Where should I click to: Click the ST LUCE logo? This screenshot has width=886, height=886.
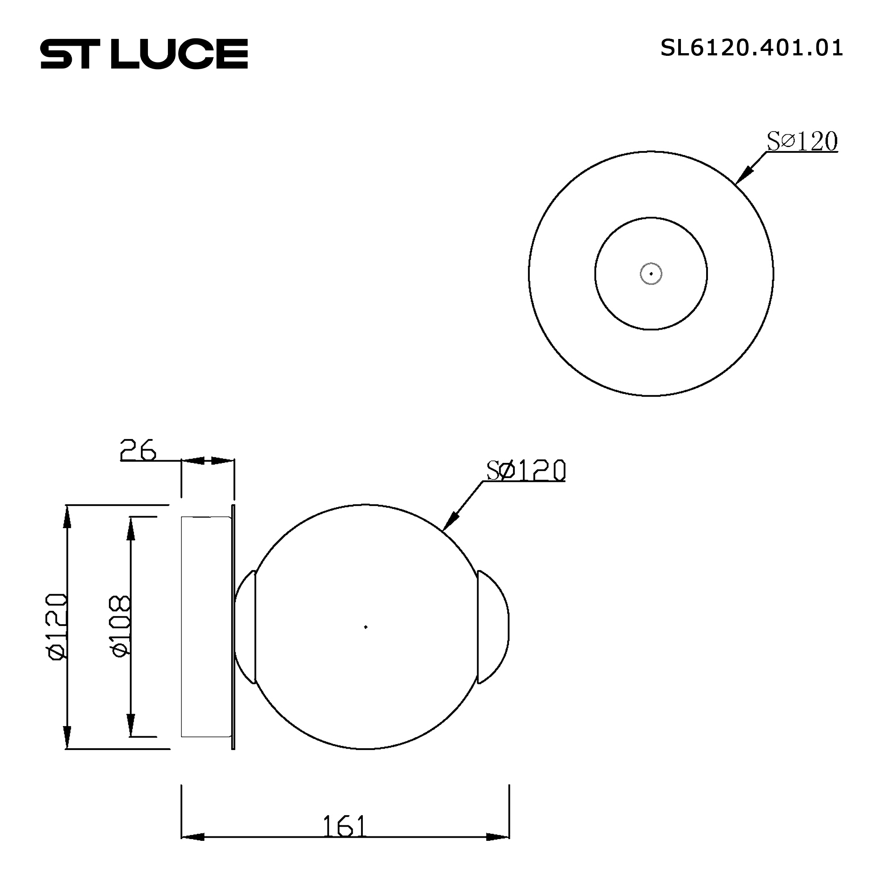click(144, 54)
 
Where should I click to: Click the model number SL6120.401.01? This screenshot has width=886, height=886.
click(751, 48)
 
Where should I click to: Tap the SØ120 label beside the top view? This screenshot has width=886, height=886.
click(802, 141)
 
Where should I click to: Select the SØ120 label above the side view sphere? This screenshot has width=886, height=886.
click(526, 470)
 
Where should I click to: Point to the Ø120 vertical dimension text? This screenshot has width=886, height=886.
click(58, 626)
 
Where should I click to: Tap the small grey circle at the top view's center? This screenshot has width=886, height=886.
click(651, 274)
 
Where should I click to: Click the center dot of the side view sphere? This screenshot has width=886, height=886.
click(365, 627)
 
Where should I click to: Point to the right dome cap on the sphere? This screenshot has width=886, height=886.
click(494, 627)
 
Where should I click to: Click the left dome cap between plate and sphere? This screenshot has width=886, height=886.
click(245, 627)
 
